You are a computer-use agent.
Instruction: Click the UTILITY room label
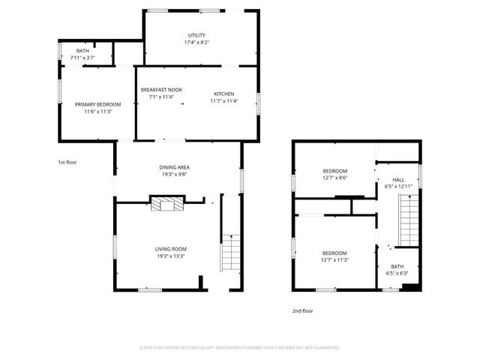pyautogui.click(x=196, y=35)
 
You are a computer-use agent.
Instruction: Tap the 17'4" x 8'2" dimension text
pyautogui.click(x=196, y=43)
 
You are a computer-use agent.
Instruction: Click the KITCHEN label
pyautogui.click(x=223, y=93)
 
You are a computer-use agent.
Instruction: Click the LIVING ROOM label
pyautogui.click(x=171, y=249)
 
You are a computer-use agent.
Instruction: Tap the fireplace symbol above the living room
pyautogui.click(x=166, y=204)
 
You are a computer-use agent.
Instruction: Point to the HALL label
pyautogui.click(x=398, y=179)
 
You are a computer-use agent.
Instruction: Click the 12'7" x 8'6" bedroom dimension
pyautogui.click(x=335, y=178)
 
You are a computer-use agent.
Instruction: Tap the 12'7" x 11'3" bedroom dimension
pyautogui.click(x=335, y=259)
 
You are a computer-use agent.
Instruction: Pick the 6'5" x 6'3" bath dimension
pyautogui.click(x=397, y=273)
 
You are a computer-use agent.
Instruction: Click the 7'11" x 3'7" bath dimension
pyautogui.click(x=82, y=58)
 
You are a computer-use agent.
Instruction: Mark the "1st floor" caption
pyautogui.click(x=67, y=162)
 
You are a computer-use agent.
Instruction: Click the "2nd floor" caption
pyautogui.click(x=303, y=310)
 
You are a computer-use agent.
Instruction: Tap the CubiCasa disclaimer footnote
pyautogui.click(x=240, y=348)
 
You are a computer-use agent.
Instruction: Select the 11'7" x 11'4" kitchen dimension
pyautogui.click(x=223, y=100)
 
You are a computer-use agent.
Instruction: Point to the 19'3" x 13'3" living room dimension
pyautogui.click(x=171, y=256)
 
